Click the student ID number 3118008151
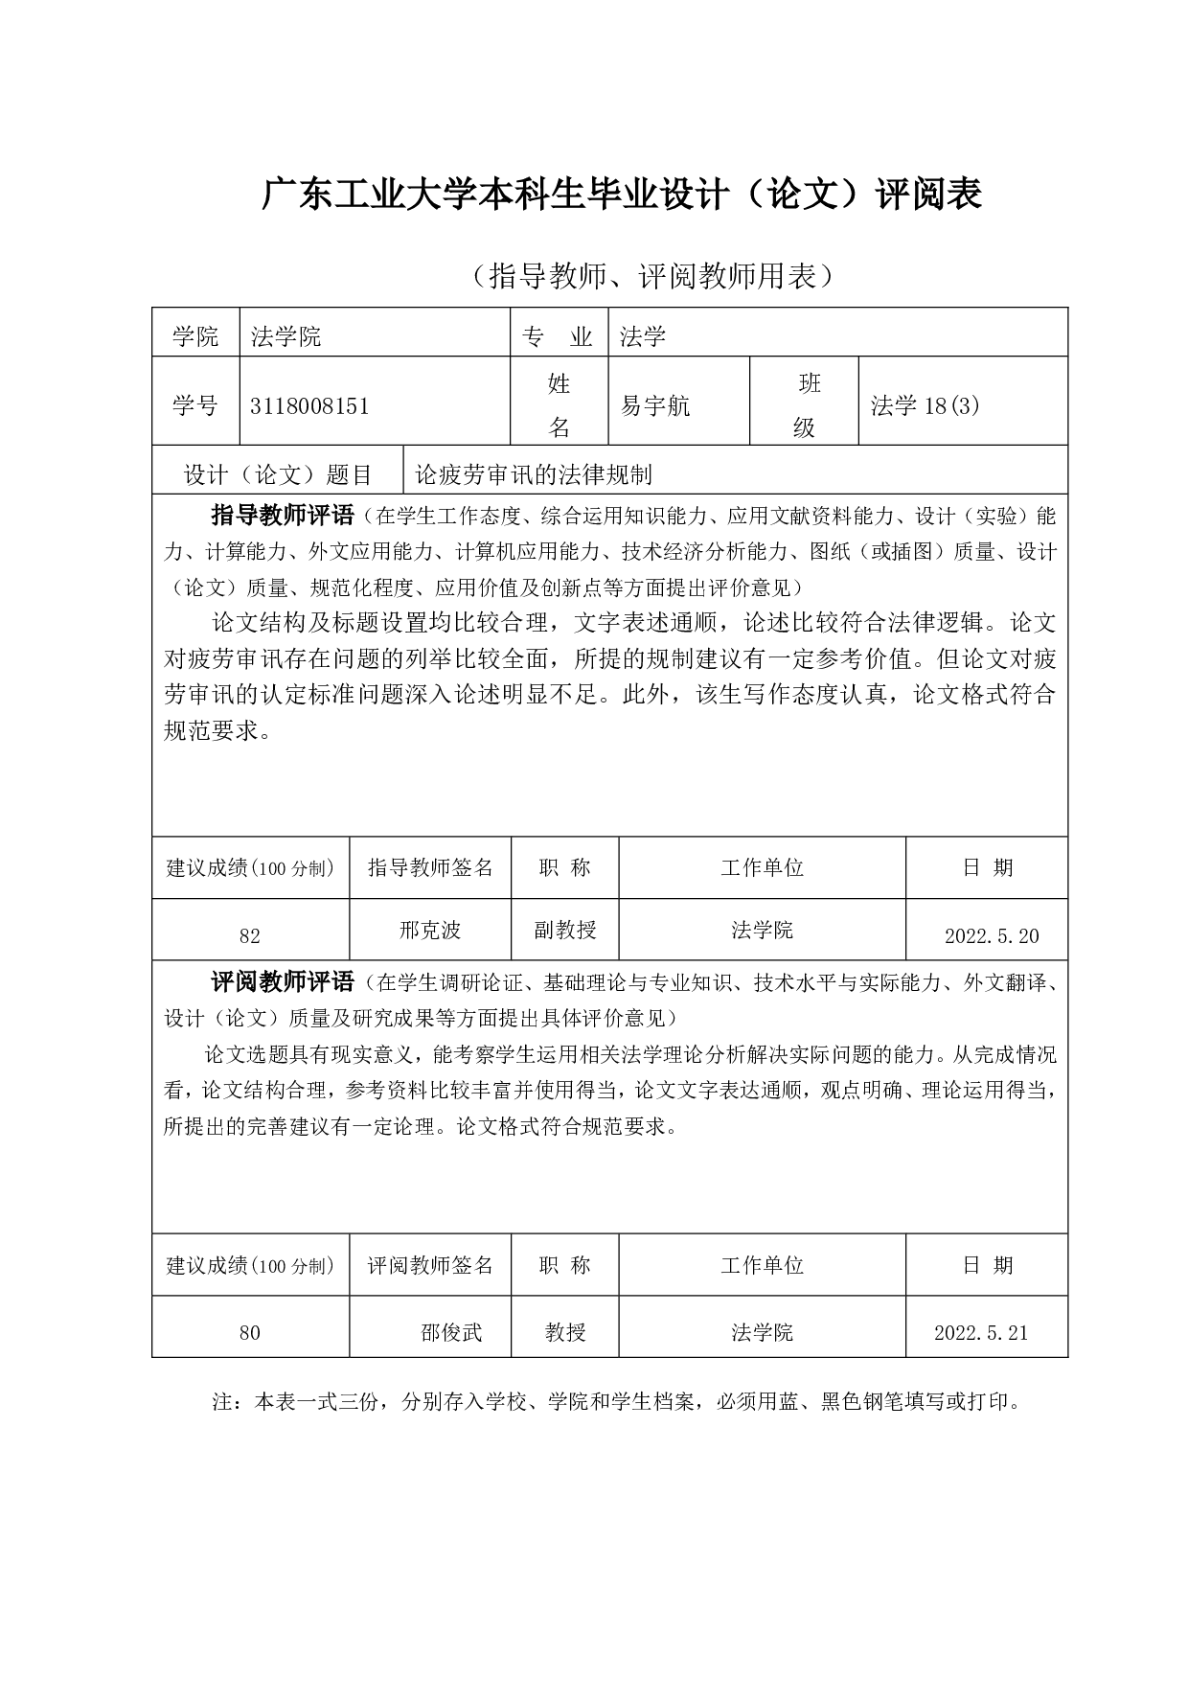(309, 406)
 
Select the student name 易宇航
(655, 406)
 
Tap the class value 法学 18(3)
(925, 406)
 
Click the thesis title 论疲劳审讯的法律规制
(533, 474)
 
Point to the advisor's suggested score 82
(250, 936)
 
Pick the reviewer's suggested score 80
(250, 1333)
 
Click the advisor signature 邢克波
(430, 930)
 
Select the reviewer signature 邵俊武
(451, 1332)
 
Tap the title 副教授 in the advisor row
(565, 930)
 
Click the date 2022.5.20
(992, 936)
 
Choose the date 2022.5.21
(981, 1333)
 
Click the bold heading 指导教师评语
(283, 516)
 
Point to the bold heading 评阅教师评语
(283, 982)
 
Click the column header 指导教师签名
(430, 868)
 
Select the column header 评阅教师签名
(430, 1266)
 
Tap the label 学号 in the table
(195, 406)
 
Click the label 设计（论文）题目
(278, 474)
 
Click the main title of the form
(622, 196)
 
